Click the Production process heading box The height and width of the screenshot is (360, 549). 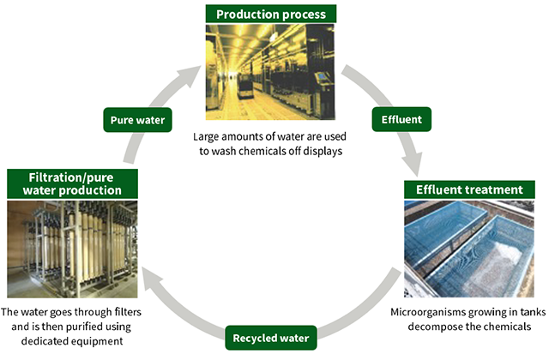[270, 14]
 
